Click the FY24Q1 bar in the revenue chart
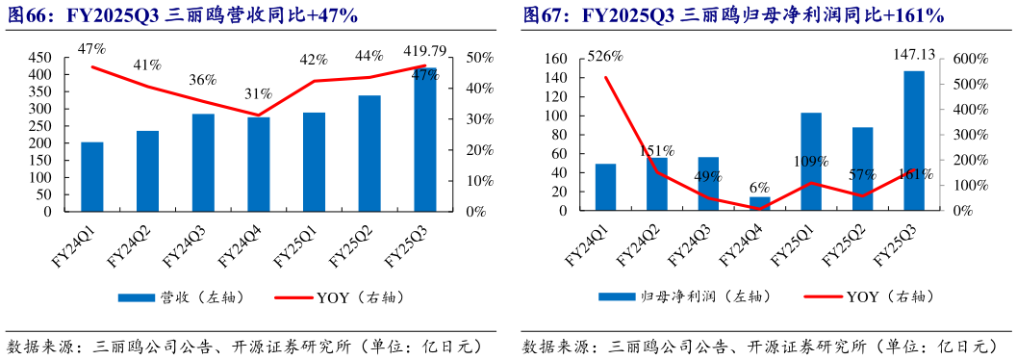pyautogui.click(x=91, y=176)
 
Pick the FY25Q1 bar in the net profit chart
pyautogui.click(x=811, y=162)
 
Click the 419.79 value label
pyautogui.click(x=424, y=51)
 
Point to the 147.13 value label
pyautogui.click(x=914, y=57)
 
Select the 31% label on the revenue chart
pyautogui.click(x=257, y=94)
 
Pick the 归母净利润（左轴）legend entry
pyautogui.click(x=688, y=298)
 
